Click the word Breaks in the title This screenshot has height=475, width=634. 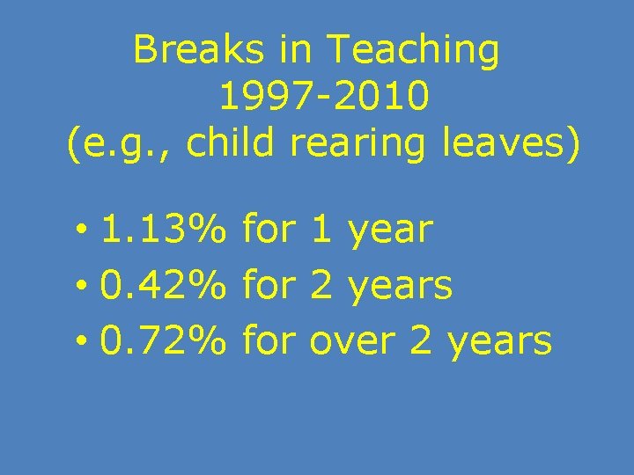pos(199,51)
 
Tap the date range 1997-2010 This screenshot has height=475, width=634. pos(325,98)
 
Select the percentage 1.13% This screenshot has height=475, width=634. pos(164,230)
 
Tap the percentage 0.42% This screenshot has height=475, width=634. pos(164,285)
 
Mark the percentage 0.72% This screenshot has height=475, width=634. pos(164,340)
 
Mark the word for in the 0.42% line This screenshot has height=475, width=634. pos(269,285)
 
